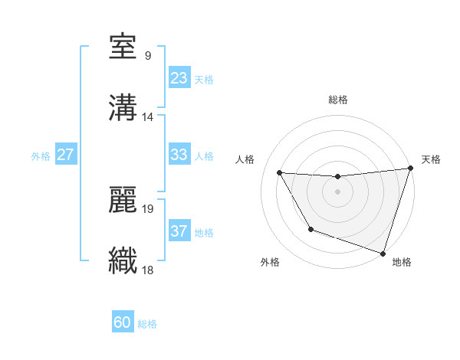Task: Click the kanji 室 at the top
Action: click(x=123, y=47)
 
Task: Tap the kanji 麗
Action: click(x=123, y=199)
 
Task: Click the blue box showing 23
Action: click(x=179, y=78)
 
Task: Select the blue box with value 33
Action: click(x=179, y=155)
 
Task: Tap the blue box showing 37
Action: click(x=179, y=231)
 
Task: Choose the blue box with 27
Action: click(x=65, y=155)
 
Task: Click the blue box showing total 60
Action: click(x=123, y=322)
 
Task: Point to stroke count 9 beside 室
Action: click(x=147, y=56)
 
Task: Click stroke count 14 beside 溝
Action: click(x=147, y=117)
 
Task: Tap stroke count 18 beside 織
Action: click(x=147, y=270)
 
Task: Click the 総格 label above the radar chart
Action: click(x=337, y=100)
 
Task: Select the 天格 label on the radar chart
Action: click(x=431, y=159)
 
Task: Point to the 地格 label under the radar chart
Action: click(x=402, y=262)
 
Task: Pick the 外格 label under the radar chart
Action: click(x=270, y=262)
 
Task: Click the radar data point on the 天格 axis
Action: click(x=410, y=169)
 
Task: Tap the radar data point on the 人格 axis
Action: click(x=280, y=173)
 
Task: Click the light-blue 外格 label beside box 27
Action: click(x=41, y=155)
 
